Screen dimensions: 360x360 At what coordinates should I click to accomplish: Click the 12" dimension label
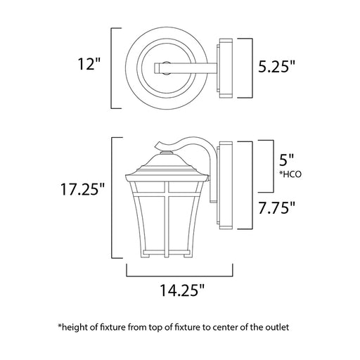click(x=89, y=64)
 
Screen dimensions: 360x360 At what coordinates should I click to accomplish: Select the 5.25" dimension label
click(x=276, y=67)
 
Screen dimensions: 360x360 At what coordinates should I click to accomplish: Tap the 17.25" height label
click(x=82, y=188)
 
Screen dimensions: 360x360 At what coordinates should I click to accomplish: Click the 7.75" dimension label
click(x=276, y=207)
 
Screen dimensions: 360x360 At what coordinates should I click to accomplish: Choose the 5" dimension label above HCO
click(x=286, y=160)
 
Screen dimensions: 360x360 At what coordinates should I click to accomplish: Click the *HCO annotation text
click(x=290, y=174)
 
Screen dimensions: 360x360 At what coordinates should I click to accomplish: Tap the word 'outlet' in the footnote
click(x=277, y=327)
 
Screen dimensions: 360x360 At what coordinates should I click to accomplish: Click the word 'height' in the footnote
click(x=75, y=327)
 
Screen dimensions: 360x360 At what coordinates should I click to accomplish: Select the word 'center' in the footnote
click(x=225, y=327)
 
